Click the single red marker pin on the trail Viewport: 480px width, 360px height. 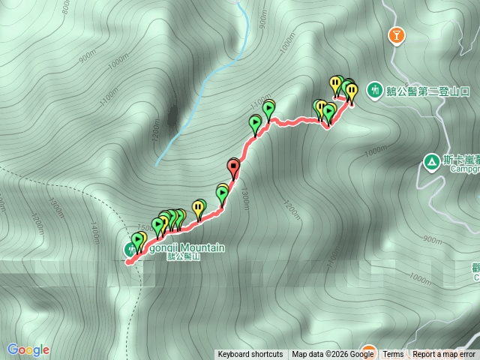point(233,168)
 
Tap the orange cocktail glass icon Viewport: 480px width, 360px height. point(397,34)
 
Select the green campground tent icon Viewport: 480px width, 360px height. point(431,161)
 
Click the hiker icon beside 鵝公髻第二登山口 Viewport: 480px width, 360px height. point(373,91)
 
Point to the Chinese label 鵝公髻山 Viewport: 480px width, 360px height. point(184,256)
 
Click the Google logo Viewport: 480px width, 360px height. point(28,349)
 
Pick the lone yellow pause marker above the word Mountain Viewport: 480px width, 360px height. point(198,206)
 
